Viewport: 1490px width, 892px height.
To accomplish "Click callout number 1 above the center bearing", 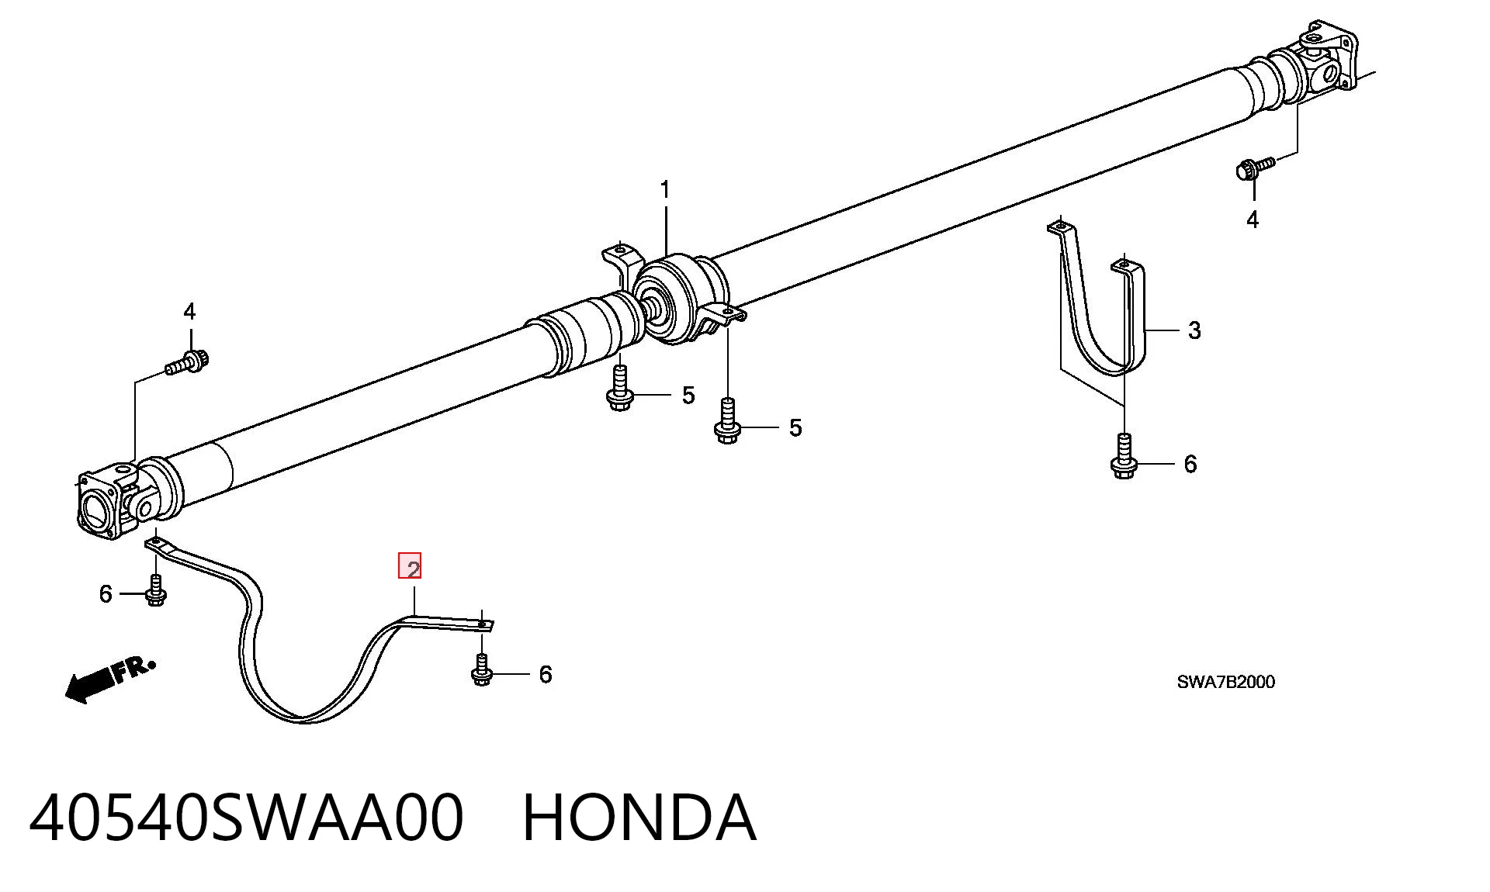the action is pos(664,190).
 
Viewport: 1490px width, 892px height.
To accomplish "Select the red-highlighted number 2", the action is pos(410,566).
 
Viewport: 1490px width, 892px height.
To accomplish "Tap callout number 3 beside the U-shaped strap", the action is pos(1194,330).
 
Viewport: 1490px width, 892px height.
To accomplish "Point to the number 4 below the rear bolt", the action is pos(1252,220).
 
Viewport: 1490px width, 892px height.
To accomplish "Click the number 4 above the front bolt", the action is pos(189,312).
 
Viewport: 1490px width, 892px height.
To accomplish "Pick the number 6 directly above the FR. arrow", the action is pos(106,594).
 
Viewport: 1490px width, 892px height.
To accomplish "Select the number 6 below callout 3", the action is pos(1190,464).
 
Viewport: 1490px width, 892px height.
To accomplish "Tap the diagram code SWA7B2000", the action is pos(1225,682).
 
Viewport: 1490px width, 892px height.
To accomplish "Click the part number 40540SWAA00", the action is pos(247,818).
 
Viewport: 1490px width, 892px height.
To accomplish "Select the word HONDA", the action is pos(639,818).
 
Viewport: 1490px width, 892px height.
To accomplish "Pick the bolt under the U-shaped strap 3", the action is pos(1124,457).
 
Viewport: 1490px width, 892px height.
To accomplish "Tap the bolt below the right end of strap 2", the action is pos(482,671).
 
